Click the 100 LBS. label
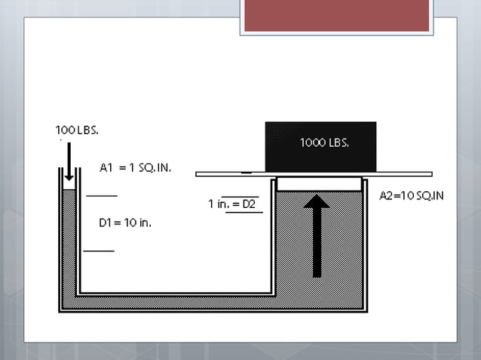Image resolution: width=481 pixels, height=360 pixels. tap(77, 130)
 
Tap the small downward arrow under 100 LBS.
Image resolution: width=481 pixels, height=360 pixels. tap(69, 162)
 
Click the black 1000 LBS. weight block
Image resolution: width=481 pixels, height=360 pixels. tap(320, 146)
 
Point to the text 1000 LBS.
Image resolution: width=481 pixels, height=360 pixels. tap(324, 142)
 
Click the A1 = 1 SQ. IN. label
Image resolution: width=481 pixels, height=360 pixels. tap(135, 168)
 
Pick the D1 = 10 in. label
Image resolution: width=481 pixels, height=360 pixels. tap(126, 223)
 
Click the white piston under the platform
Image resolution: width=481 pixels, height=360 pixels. tap(320, 183)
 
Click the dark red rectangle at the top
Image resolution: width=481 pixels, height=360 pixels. tap(336, 16)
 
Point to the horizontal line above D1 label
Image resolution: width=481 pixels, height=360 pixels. tap(102, 196)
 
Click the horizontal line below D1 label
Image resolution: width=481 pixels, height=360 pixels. tap(99, 250)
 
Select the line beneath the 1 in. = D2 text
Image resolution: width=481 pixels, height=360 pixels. tap(244, 212)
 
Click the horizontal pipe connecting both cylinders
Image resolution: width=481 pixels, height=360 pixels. tap(173, 300)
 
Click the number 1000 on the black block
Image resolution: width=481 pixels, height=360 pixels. tap(312, 142)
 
